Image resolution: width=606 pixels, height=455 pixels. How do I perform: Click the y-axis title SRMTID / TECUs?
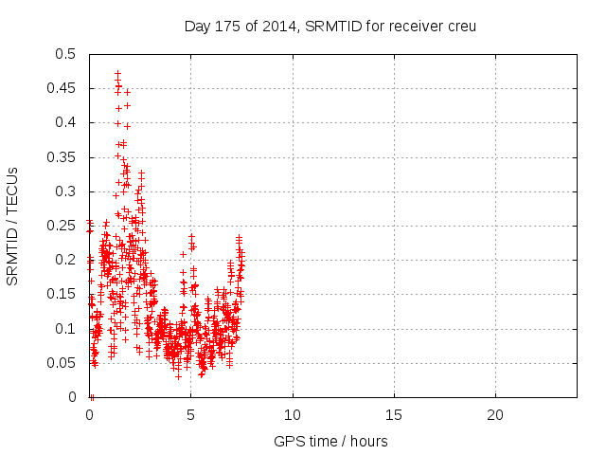[x=13, y=226]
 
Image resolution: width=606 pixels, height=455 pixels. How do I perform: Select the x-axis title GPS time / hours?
[x=330, y=441]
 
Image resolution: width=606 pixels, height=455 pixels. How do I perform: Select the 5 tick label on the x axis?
[x=191, y=415]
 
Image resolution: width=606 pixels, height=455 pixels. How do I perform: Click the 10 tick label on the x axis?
[x=293, y=415]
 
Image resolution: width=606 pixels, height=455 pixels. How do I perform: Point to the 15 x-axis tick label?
[x=394, y=415]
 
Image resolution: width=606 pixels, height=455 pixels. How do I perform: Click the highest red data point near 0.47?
[x=117, y=73]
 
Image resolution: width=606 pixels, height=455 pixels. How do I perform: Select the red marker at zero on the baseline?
[x=91, y=396]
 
